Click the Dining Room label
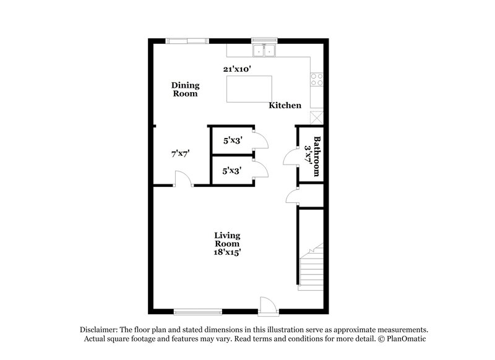click(x=185, y=90)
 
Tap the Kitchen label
click(x=285, y=105)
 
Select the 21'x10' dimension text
click(x=236, y=69)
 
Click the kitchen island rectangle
click(x=249, y=89)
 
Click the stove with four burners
click(x=317, y=79)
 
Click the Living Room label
click(x=227, y=239)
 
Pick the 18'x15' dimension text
click(x=227, y=252)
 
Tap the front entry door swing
click(x=267, y=304)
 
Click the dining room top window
click(x=187, y=41)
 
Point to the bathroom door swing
click(x=290, y=158)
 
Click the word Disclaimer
click(x=99, y=330)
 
